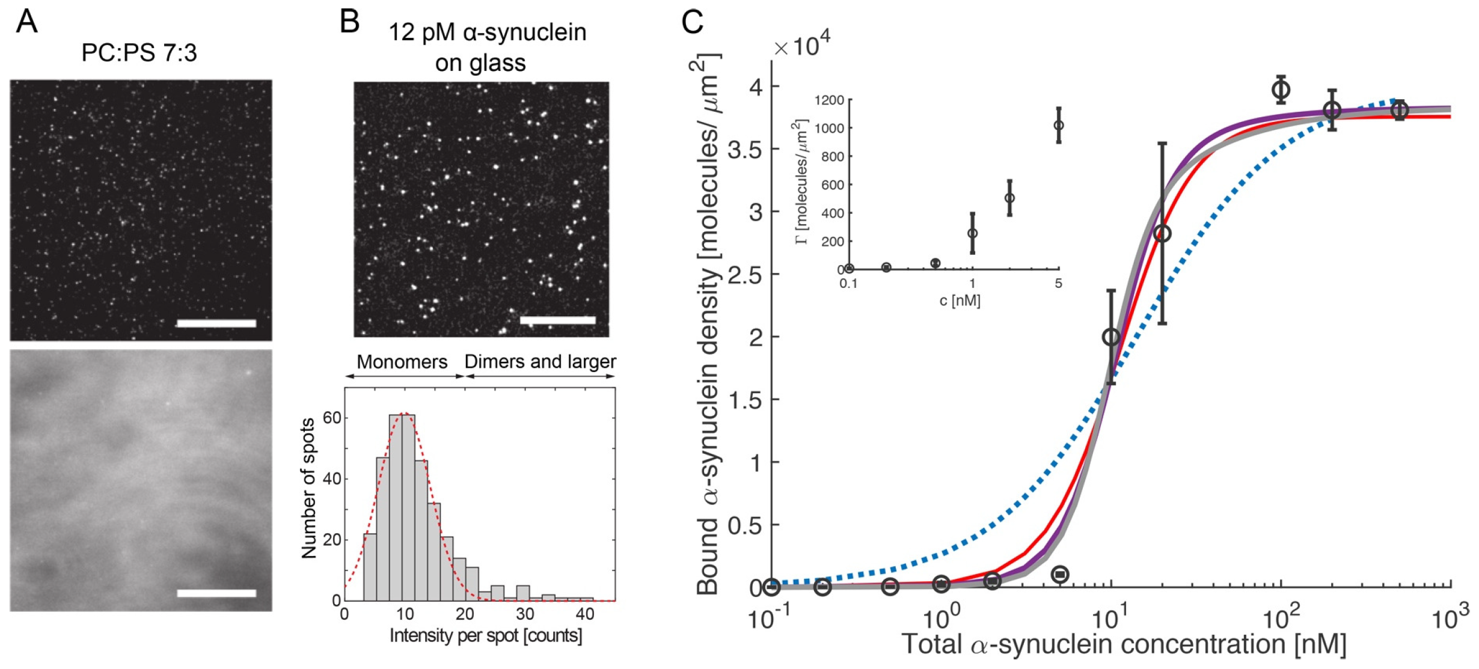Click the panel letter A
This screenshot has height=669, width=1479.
[x=27, y=22]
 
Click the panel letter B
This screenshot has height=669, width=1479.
[x=350, y=22]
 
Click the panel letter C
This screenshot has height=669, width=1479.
[x=692, y=23]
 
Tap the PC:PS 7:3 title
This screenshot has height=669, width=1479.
[x=139, y=53]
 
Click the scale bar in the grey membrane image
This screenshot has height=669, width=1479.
[x=216, y=593]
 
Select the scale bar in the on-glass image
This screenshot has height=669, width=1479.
[x=557, y=320]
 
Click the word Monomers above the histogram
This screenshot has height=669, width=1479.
[x=402, y=362]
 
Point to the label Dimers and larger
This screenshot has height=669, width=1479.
[x=540, y=362]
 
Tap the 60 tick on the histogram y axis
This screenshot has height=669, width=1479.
[x=332, y=418]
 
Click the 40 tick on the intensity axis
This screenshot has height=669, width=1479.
[x=584, y=614]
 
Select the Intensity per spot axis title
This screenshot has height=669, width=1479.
[x=486, y=636]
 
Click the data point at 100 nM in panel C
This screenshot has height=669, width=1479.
[x=1281, y=90]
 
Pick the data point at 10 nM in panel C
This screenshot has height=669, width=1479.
[x=1111, y=337]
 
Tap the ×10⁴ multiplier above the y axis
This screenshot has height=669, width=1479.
[x=803, y=44]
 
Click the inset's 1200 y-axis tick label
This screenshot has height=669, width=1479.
[x=829, y=100]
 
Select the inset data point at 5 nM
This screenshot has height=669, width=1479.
[x=1059, y=126]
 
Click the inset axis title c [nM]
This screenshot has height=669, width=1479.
[x=960, y=301]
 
